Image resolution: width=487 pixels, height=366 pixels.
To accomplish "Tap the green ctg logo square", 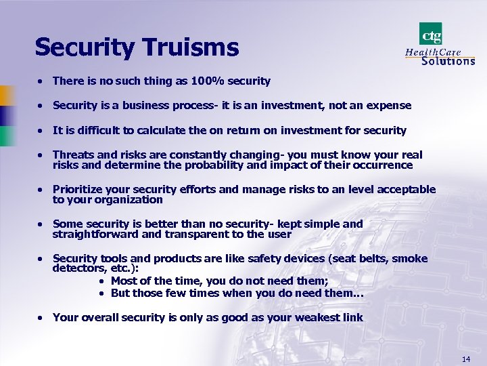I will (x=430, y=33).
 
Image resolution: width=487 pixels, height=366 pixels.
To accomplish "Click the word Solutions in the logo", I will (x=448, y=61).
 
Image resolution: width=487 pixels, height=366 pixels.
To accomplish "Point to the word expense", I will (x=388, y=106).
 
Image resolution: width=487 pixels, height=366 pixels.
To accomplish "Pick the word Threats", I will (x=74, y=155).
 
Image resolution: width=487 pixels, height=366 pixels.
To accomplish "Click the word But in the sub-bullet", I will (x=120, y=293).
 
